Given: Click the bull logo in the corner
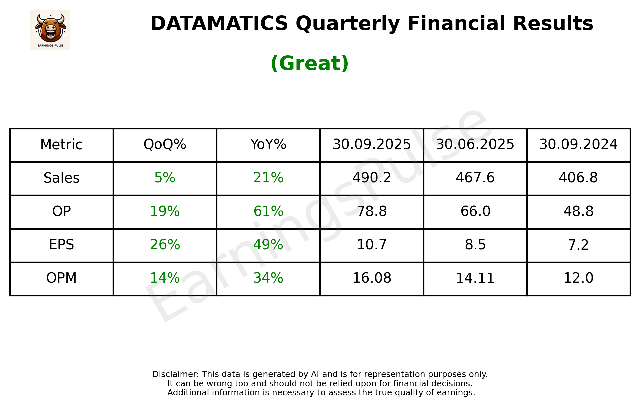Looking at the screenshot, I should tap(50, 30).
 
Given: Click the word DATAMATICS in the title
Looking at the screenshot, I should tap(219, 24).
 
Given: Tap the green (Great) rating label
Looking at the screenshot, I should tap(309, 63).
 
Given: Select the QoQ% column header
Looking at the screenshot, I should tap(165, 145).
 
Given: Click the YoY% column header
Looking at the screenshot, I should tap(268, 145).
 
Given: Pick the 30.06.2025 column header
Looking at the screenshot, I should tap(475, 145).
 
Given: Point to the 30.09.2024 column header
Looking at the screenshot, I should tap(578, 145).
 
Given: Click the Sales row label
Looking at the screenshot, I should tap(62, 178).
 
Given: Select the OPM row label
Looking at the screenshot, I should tap(62, 278).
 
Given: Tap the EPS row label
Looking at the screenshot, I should tap(62, 245).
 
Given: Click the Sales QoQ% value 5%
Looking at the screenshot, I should tap(165, 178).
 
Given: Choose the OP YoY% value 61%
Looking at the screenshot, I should tap(268, 211).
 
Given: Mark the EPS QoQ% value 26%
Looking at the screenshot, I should tap(165, 245).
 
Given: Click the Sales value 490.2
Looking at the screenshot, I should tap(372, 178).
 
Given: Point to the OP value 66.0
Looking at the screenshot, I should tap(475, 211).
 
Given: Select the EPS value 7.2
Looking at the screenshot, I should tap(578, 245).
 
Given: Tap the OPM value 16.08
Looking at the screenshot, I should tap(372, 278).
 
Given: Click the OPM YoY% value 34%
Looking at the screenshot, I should tap(268, 278).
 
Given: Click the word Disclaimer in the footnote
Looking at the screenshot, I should tap(175, 374).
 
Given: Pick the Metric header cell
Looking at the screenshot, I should tap(62, 145).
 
